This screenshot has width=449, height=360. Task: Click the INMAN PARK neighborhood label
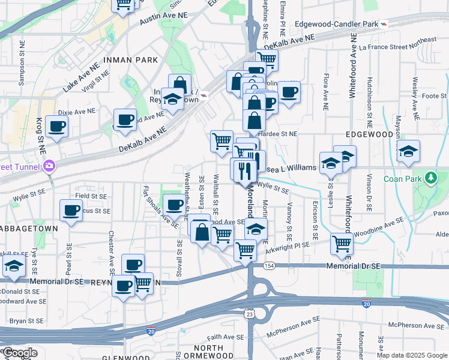click(130, 60)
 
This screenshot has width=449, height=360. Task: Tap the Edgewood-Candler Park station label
click(341, 23)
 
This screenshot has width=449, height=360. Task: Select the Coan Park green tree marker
click(430, 178)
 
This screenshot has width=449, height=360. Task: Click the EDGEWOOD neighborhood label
click(369, 135)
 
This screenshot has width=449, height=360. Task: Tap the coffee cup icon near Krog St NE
click(56, 127)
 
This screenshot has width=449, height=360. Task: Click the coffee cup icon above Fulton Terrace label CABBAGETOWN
click(71, 211)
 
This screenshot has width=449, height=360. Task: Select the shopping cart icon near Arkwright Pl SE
click(342, 243)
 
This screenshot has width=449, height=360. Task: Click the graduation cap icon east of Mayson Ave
click(408, 151)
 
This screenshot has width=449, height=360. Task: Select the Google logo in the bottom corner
click(19, 353)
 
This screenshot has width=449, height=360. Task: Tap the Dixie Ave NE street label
click(76, 112)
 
